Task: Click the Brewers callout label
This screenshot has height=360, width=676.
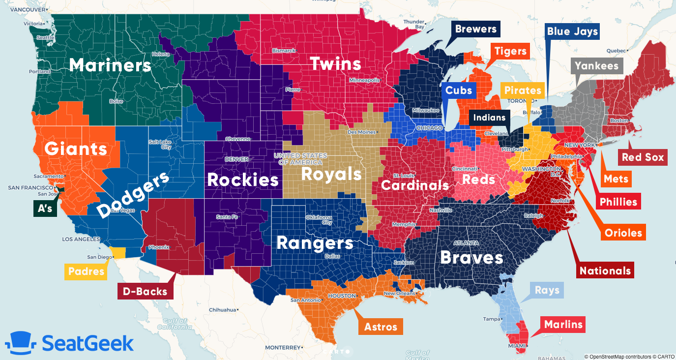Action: pos(475,29)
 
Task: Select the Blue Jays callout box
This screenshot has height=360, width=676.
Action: pos(572,32)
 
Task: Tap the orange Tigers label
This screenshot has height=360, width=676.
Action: pos(510,51)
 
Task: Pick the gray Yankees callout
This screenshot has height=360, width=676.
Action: pos(596,66)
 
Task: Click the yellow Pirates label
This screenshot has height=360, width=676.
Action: pos(522,90)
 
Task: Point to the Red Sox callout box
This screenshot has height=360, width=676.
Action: pos(643,157)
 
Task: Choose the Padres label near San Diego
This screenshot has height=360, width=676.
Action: pos(86,271)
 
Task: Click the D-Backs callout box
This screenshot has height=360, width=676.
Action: pos(145,291)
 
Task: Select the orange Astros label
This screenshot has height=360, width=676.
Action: pos(381,327)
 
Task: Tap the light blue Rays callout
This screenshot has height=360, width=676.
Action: pos(547,290)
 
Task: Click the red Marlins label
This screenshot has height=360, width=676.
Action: pos(563,325)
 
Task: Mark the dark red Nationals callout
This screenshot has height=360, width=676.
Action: pos(605,270)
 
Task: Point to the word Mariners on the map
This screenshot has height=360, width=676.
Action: pos(110,65)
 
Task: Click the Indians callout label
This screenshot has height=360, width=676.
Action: pos(489,118)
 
